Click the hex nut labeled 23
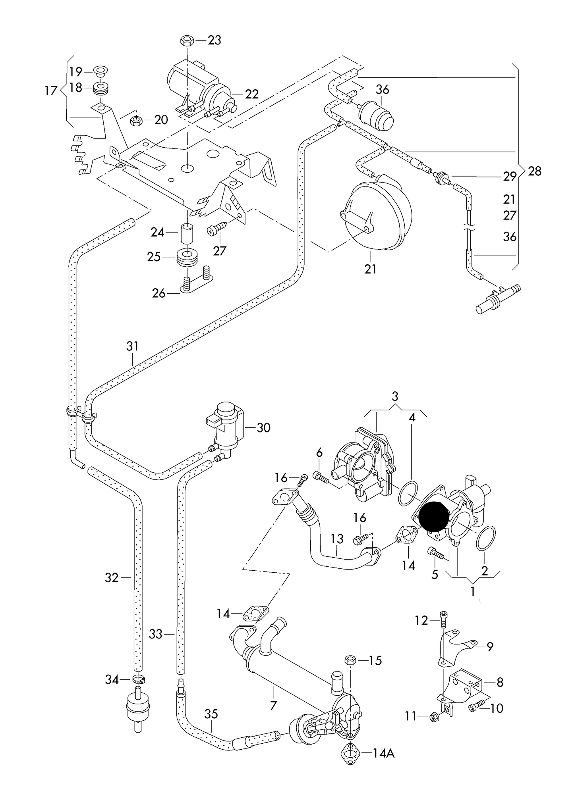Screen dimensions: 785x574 (186, 40)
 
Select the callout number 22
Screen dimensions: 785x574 (252, 94)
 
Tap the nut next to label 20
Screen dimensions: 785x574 (136, 119)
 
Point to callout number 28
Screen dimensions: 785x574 (535, 171)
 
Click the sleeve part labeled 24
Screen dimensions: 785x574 (187, 234)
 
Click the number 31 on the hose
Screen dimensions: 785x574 (132, 346)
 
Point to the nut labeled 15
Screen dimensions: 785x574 (350, 660)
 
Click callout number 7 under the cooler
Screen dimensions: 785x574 (273, 706)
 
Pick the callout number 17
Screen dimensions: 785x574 (51, 91)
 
